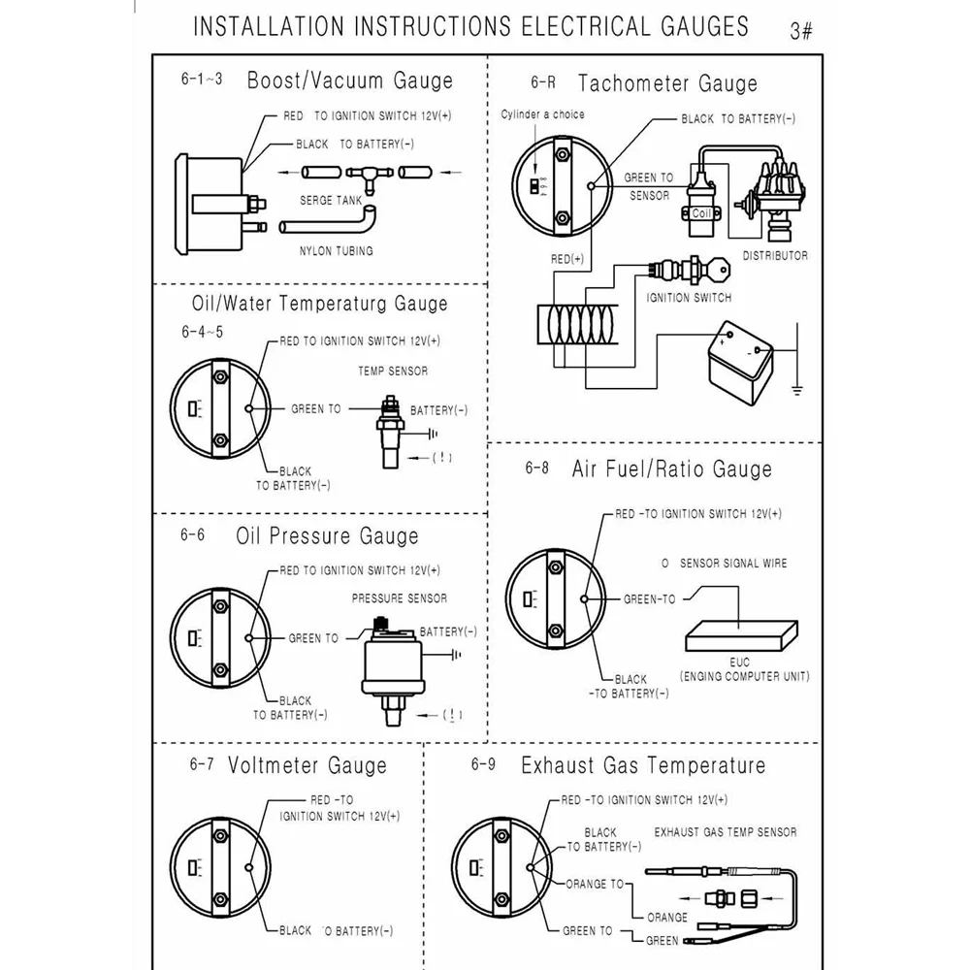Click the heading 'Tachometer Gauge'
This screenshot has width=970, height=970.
coord(667,83)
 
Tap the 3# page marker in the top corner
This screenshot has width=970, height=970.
coord(801,31)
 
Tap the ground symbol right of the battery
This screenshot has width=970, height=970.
coord(796,390)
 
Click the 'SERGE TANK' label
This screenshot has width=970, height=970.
coord(331,201)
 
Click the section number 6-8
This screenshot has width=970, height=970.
coord(537,469)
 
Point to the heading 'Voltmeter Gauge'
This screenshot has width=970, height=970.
coord(307,765)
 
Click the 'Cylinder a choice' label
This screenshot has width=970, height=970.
coord(542,114)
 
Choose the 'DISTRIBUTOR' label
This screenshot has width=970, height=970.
coord(774,256)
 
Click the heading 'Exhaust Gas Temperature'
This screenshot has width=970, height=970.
coord(643,765)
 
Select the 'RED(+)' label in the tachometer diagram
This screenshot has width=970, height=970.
coord(566,259)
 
